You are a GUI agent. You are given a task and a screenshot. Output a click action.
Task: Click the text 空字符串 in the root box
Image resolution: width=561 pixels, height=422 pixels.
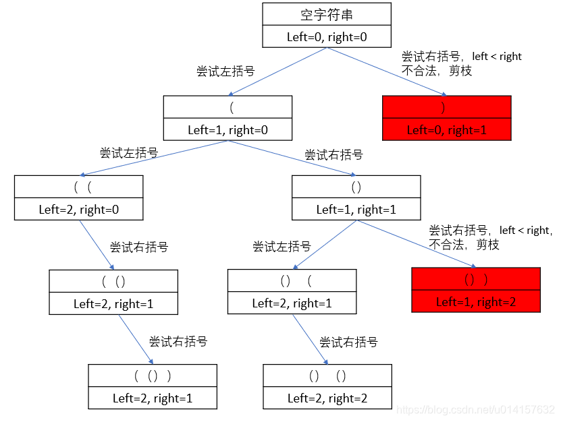point(327,15)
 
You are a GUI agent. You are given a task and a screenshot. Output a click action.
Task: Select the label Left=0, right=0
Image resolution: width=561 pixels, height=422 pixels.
point(327,37)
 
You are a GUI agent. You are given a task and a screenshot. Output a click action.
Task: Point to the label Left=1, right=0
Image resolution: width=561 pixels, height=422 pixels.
point(228,129)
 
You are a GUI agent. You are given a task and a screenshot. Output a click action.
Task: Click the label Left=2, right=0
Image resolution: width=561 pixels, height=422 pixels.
point(78,209)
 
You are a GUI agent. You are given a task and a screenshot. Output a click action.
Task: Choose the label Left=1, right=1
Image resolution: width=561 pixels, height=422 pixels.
point(356,209)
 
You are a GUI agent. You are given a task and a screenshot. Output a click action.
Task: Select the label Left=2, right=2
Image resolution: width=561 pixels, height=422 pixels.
point(327,398)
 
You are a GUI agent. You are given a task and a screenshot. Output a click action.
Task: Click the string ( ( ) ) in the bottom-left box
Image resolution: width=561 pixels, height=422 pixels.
point(153,375)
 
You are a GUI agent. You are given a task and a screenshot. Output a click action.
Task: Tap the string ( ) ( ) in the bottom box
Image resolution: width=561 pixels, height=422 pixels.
point(327,375)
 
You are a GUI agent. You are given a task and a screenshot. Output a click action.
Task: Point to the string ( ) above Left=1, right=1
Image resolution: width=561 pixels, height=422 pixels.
point(356,187)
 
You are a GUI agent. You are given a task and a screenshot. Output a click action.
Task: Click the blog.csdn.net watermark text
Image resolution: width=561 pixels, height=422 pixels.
point(475,410)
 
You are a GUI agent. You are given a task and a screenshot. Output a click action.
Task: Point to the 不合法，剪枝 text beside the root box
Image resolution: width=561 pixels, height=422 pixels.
point(437,71)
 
